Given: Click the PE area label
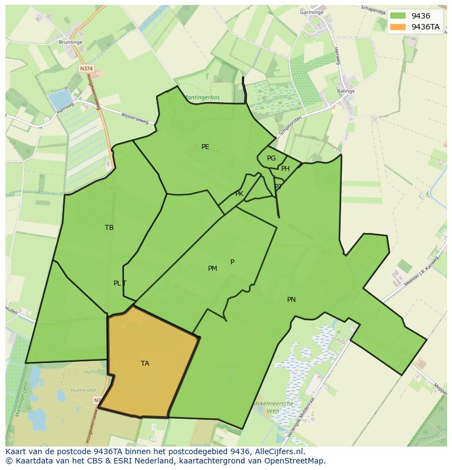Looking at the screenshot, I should [x=205, y=146].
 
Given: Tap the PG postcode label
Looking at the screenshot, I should [x=271, y=158].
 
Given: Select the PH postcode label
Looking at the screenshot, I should [x=286, y=169].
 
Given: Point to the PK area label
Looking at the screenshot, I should [x=239, y=194].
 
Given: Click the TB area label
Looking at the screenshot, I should [x=109, y=228].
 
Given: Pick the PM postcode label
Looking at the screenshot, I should [x=212, y=268].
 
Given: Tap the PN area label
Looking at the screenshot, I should [x=292, y=299].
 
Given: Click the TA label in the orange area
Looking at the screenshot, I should [x=145, y=363].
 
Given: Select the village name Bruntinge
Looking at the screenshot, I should [x=70, y=41].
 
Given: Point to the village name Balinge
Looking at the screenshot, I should [x=346, y=91].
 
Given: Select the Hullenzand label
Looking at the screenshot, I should [x=84, y=391].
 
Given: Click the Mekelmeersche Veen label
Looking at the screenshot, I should [x=273, y=407].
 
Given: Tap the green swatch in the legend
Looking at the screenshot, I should [x=399, y=16].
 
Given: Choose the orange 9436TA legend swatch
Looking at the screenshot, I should [x=399, y=27].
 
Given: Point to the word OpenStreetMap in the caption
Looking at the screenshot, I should [x=295, y=461].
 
